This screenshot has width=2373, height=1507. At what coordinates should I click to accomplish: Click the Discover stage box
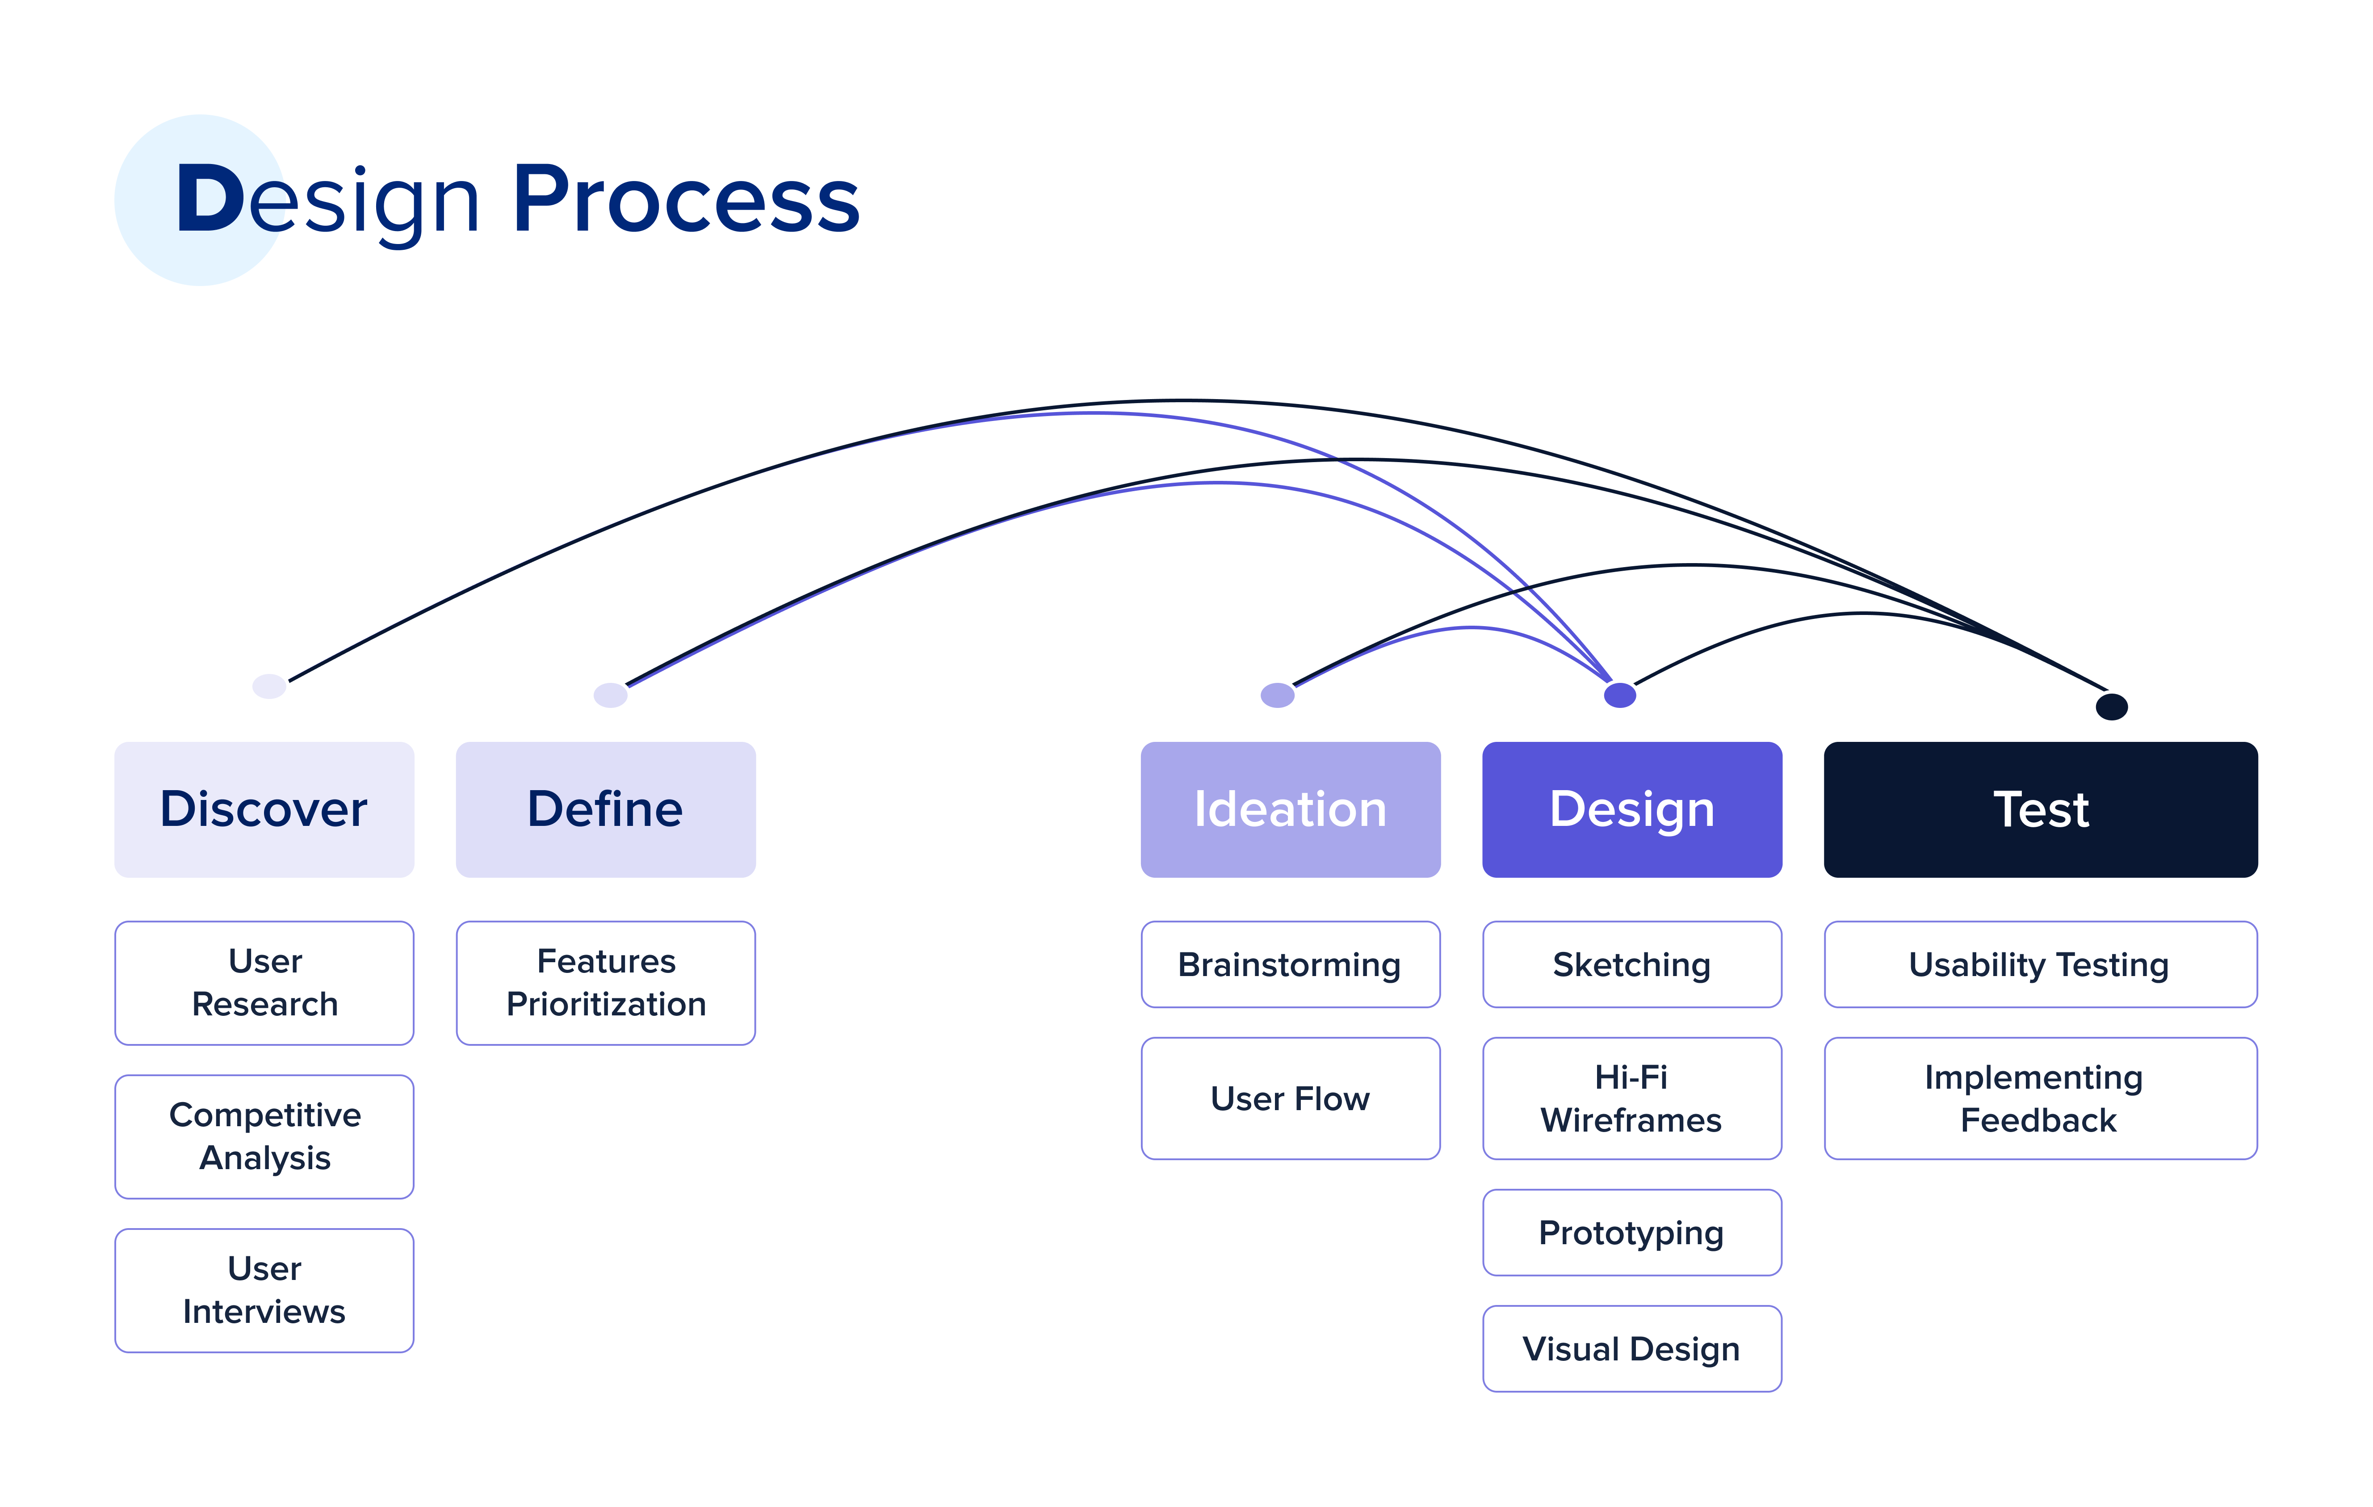pos(264,809)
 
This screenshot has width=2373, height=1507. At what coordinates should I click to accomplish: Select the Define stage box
pos(606,809)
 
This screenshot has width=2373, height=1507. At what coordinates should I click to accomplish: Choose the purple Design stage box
pos(1632,809)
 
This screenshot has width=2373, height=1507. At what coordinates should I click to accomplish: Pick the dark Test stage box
pos(2041,809)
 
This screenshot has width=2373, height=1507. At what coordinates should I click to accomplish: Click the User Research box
pos(264,983)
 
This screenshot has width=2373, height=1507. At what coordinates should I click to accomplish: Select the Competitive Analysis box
pos(264,1137)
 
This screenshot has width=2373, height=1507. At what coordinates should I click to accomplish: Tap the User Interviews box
pos(264,1290)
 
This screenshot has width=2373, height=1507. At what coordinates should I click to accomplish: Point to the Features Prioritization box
pos(606,983)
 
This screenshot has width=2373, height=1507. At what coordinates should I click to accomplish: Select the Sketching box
pos(1632,964)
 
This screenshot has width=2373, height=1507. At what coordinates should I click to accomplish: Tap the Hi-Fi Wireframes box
pos(1632,1098)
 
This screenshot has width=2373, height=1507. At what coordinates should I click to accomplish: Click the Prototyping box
pos(1632,1232)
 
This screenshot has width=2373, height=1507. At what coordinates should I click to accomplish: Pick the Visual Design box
pos(1632,1348)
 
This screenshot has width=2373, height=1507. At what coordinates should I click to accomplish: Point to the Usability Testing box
pos(2041,964)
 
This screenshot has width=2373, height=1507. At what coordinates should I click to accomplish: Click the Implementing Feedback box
pos(2041,1098)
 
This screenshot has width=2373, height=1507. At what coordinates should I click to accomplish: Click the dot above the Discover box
pos(269,686)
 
